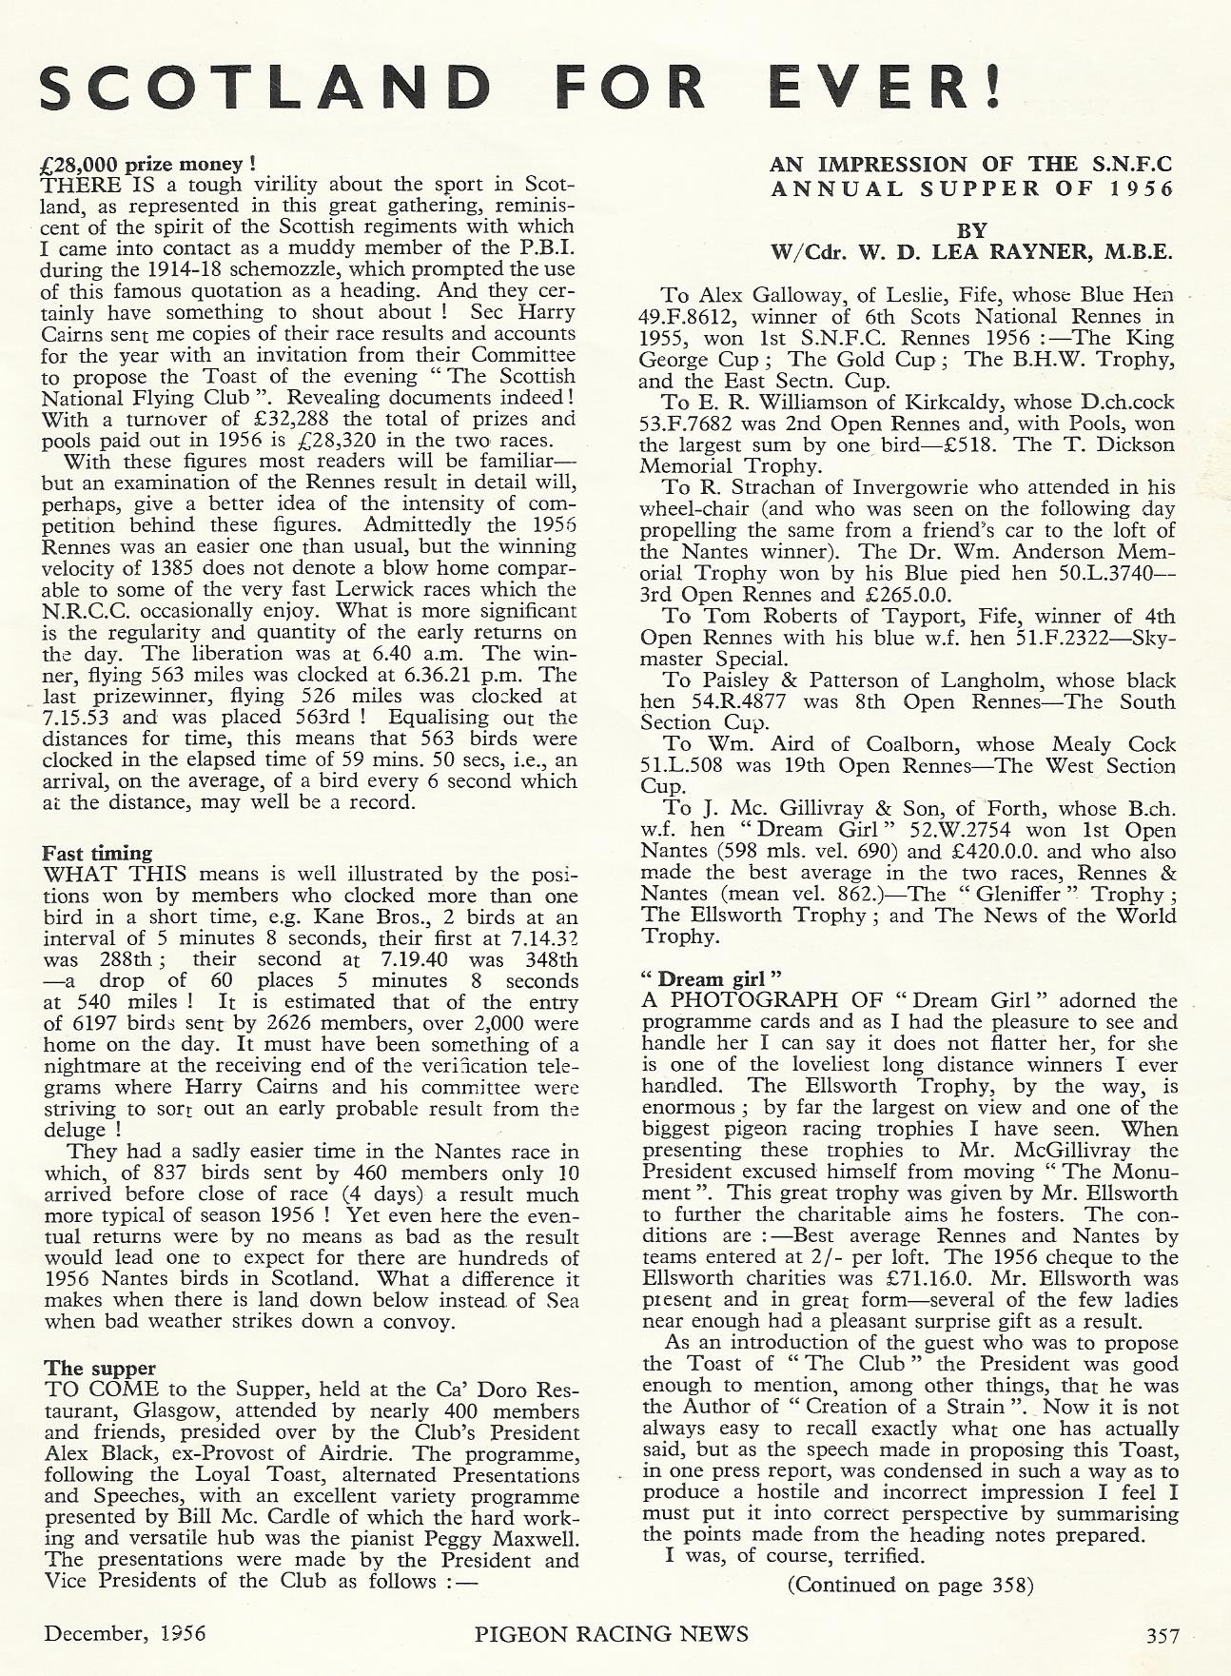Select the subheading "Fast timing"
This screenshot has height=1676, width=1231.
pyautogui.click(x=98, y=853)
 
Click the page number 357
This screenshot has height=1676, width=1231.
pyautogui.click(x=1162, y=1635)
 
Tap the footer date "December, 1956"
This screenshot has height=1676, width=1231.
pyautogui.click(x=125, y=1635)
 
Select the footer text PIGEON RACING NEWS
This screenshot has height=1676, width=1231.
pyautogui.click(x=611, y=1635)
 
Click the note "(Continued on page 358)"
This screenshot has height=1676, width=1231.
pyautogui.click(x=909, y=1585)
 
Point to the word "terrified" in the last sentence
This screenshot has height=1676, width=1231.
pyautogui.click(x=849, y=1557)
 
